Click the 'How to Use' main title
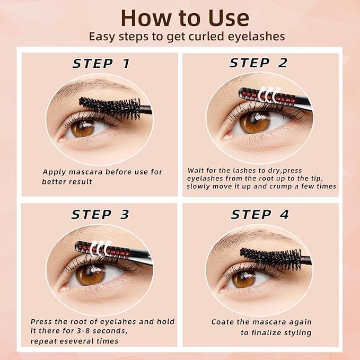point(185,17)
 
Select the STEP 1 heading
point(101,64)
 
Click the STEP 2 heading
point(259,63)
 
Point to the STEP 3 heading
point(100,214)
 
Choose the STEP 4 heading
point(260,215)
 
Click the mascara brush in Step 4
point(270,259)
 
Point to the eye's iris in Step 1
point(83,129)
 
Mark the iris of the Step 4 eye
point(244,279)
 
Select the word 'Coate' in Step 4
point(223,322)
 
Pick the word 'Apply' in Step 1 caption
point(54,172)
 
